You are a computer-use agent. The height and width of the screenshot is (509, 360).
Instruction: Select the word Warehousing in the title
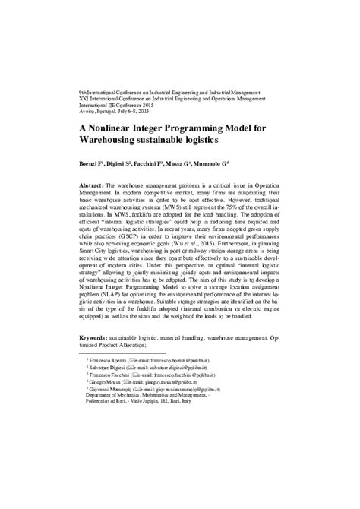[117, 141]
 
